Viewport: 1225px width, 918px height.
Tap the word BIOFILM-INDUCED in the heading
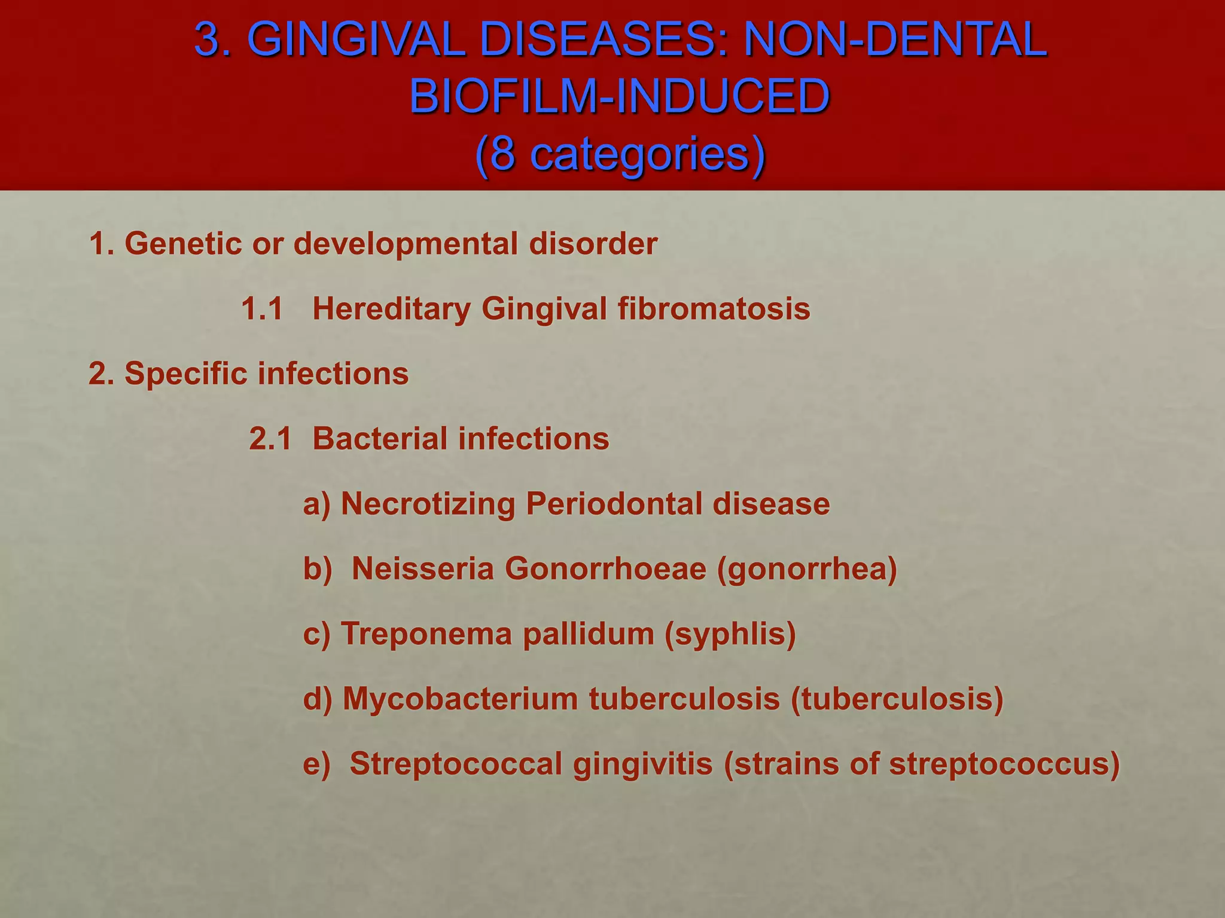[x=619, y=96]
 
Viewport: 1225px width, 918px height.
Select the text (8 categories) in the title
[x=620, y=154]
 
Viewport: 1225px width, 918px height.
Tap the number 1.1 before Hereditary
[x=262, y=309]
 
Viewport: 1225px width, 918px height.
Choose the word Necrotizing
[x=428, y=504]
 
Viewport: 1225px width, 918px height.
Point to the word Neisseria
[x=423, y=568]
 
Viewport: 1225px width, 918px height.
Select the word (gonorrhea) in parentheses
[x=807, y=568]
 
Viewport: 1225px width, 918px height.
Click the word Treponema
[x=426, y=634]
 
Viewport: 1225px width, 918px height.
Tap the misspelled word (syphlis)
[x=730, y=634]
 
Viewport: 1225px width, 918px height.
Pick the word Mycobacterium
[x=459, y=699]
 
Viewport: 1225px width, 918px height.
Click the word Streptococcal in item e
[x=456, y=764]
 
